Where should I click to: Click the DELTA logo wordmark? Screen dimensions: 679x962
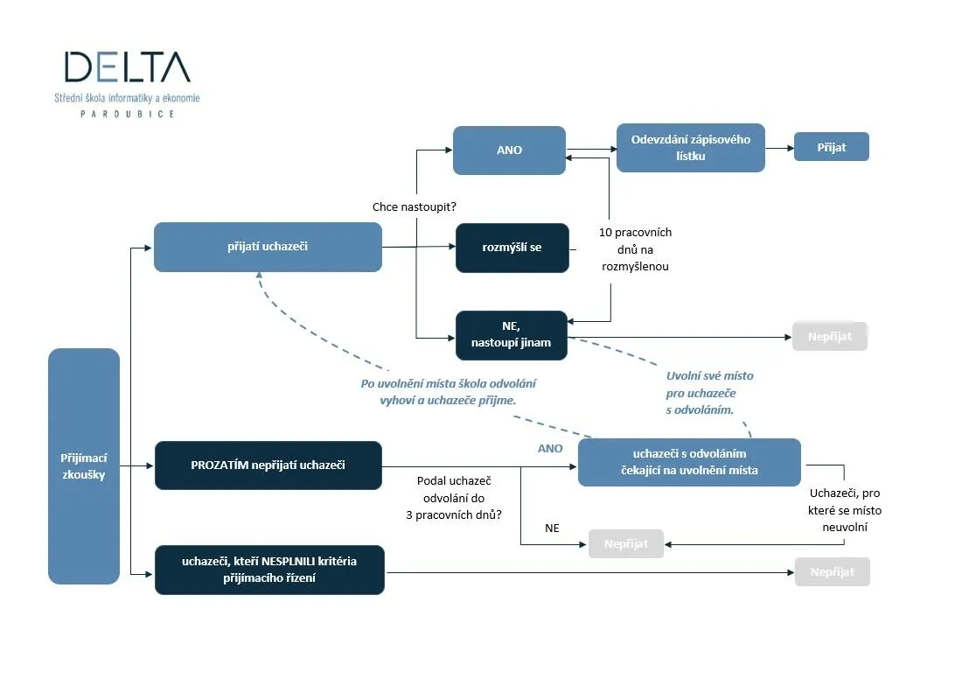pos(127,66)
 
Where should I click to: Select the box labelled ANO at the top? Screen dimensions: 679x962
pos(509,150)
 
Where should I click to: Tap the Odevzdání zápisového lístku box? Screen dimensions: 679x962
pos(690,147)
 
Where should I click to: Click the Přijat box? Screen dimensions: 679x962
pos(831,147)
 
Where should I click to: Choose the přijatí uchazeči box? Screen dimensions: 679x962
pos(268,247)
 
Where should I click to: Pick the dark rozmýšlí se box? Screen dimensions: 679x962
pos(512,248)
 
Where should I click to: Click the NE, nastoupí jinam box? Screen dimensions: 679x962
pos(512,335)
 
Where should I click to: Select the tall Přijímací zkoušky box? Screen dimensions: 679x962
pos(84,465)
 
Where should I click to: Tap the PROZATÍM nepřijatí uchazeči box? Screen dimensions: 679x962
pos(268,465)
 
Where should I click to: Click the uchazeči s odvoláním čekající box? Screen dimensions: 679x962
pos(689,462)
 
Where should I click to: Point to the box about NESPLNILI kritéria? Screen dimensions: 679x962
pos(269,570)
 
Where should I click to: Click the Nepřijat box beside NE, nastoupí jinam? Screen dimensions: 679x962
pos(829,337)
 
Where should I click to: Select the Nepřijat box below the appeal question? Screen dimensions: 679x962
pos(626,543)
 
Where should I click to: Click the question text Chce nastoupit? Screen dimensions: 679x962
pos(415,207)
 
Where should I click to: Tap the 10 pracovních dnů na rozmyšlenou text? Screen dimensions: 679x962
pos(635,249)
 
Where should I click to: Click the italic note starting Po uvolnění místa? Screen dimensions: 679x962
pos(448,391)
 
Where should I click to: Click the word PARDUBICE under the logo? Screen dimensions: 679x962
pos(127,114)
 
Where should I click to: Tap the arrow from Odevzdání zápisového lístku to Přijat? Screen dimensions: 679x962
pos(778,148)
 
